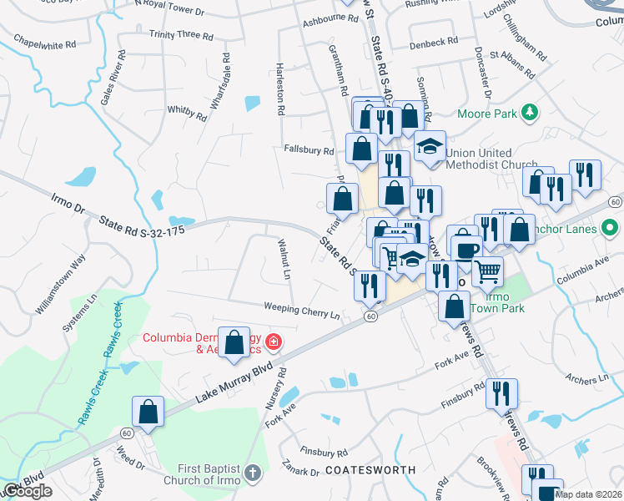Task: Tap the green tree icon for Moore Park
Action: tap(528, 112)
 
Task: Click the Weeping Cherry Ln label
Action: tap(302, 310)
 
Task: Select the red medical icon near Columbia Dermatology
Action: tap(273, 342)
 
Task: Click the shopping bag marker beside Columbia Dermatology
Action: tap(235, 342)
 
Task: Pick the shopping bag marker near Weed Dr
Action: tap(148, 411)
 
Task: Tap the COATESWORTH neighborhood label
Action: tap(370, 470)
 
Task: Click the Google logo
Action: tap(27, 492)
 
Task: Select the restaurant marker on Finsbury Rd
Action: tap(501, 392)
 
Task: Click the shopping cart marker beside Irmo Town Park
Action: tap(487, 270)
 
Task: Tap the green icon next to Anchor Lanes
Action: tap(610, 227)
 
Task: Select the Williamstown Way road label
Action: tap(61, 285)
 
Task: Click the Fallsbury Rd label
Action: tap(309, 151)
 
